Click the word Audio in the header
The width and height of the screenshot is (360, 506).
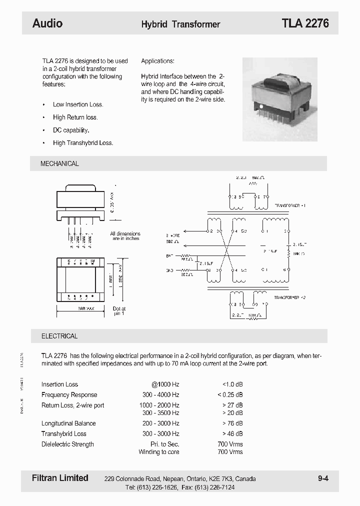tap(47, 23)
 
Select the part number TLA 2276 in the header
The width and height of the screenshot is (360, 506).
tap(305, 23)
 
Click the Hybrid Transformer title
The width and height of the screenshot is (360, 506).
tap(180, 24)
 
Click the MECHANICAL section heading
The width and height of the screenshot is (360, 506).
tap(59, 163)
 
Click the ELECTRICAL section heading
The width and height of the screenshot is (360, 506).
tap(59, 336)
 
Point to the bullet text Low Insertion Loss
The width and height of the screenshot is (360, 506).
tap(78, 104)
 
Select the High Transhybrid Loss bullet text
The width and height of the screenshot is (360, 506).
tap(83, 142)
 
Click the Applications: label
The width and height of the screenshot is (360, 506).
tap(157, 61)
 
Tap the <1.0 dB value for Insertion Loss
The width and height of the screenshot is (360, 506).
tap(232, 384)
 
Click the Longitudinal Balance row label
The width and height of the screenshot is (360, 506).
tap(68, 423)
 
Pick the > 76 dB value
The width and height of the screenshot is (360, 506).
tap(232, 423)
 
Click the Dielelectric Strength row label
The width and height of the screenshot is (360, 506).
tap(67, 444)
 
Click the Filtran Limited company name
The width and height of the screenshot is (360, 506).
tap(60, 478)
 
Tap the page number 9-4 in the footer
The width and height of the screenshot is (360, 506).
tap(323, 478)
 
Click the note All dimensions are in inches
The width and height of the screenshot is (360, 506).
tap(125, 236)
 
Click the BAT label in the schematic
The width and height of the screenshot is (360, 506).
tap(169, 255)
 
